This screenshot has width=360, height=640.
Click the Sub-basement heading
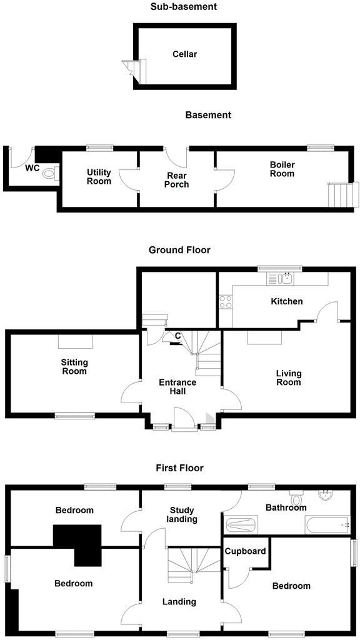coord(183,7)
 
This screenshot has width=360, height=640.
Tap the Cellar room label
coord(184,54)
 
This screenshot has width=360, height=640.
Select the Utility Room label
coord(99,177)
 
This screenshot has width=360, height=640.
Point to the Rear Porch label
coord(177,180)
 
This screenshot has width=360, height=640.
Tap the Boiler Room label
coord(282,169)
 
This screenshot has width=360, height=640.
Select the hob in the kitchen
coord(226,302)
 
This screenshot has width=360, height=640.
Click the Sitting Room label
coord(74,367)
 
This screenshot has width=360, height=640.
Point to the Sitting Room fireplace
coord(76,341)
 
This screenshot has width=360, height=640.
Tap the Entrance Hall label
coord(177,387)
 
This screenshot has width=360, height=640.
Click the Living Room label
coord(289,378)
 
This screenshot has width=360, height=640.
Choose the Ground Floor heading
coord(179,250)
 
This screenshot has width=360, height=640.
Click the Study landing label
coord(182,514)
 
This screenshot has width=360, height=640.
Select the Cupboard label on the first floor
coord(246,551)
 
